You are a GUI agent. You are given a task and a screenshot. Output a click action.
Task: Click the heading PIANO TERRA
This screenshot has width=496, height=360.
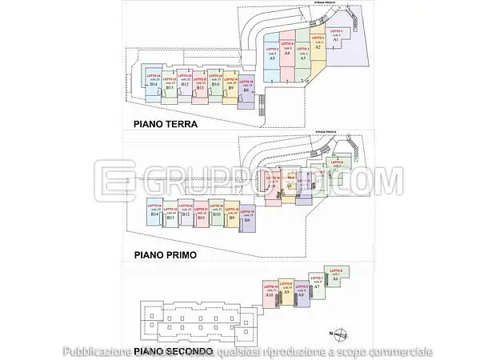click(166, 124)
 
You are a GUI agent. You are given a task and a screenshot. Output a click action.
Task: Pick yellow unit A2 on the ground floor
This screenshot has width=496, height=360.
click(317, 48)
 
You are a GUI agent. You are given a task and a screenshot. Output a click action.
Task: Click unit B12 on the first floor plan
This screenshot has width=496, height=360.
click(185, 214)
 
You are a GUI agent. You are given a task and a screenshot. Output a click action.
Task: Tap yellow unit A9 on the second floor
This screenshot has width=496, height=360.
click(286, 292)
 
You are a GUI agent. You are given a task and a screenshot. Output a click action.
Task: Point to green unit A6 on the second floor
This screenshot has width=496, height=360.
click(335, 278)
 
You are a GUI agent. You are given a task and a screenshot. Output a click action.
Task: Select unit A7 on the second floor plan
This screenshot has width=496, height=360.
click(316, 286)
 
